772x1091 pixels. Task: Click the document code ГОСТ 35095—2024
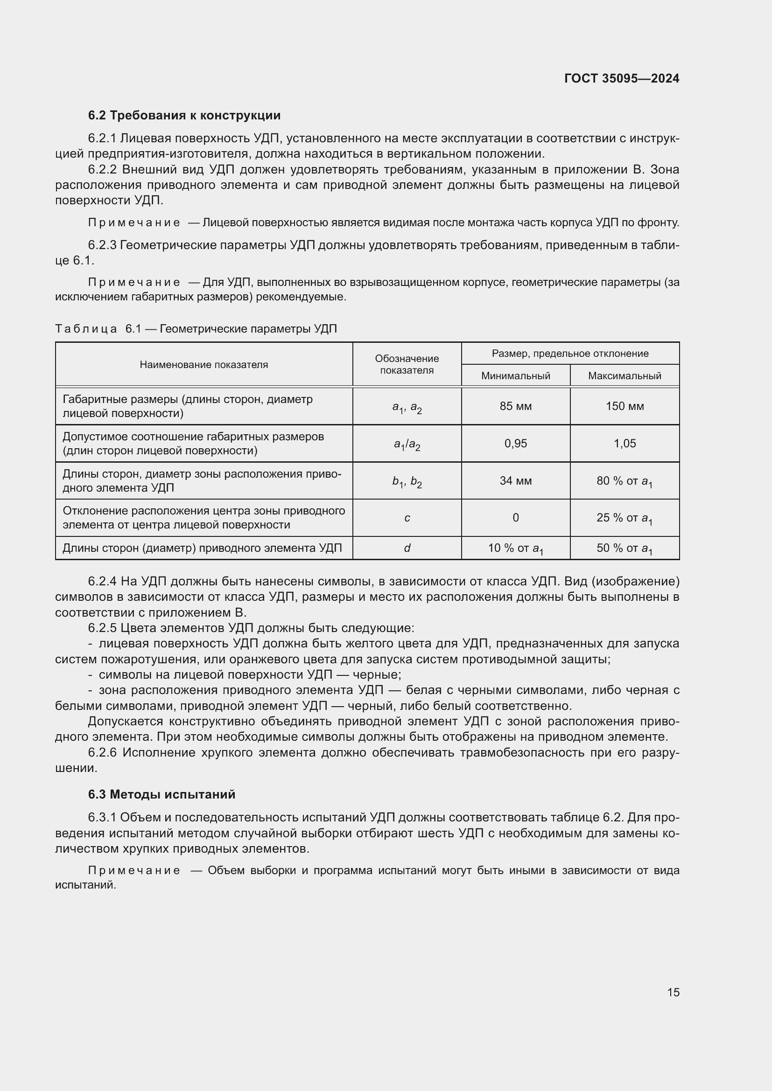pos(621,78)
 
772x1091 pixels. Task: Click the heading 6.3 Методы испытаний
pos(161,794)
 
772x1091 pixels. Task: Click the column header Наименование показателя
pos(204,364)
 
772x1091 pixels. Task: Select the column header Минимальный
pos(515,376)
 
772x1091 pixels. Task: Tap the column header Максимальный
pos(624,376)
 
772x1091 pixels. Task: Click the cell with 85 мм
pos(515,406)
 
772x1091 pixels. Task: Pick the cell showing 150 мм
pos(624,406)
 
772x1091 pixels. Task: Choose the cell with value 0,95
pos(515,443)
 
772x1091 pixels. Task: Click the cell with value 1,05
pos(624,443)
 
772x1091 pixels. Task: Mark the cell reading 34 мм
pos(515,481)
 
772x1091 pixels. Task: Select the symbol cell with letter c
pos(407,518)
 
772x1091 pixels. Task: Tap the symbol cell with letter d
pos(407,549)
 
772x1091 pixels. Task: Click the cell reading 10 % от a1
pos(515,549)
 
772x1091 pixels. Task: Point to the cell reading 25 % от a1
pos(624,518)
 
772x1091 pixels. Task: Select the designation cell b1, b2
pos(407,482)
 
